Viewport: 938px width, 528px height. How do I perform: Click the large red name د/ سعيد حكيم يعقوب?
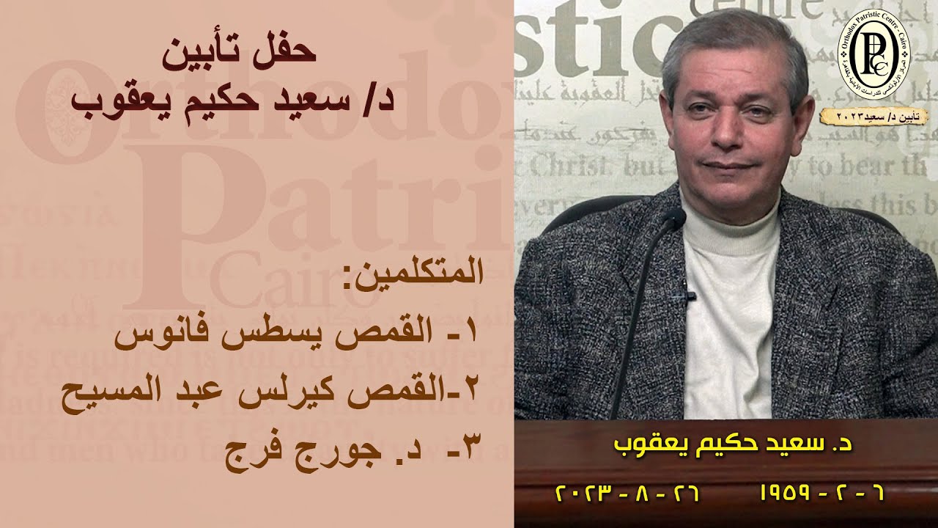(x=234, y=99)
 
